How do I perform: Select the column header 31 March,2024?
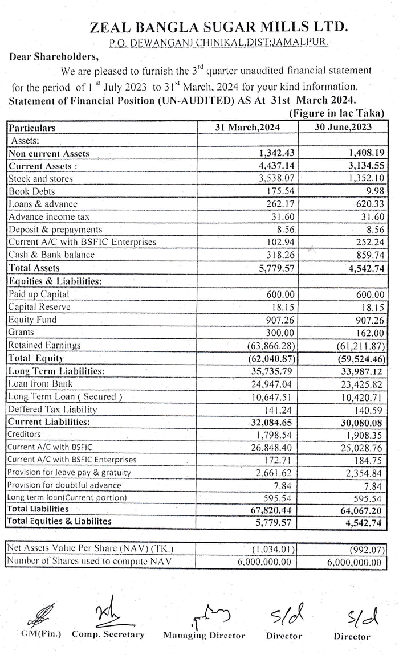tap(247, 128)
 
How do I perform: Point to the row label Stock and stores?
tap(40, 179)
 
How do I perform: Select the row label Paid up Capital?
tap(39, 294)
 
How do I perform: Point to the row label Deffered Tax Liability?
tap(52, 409)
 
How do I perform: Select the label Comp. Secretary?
tap(108, 634)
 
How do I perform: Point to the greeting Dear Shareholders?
tap(54, 56)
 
